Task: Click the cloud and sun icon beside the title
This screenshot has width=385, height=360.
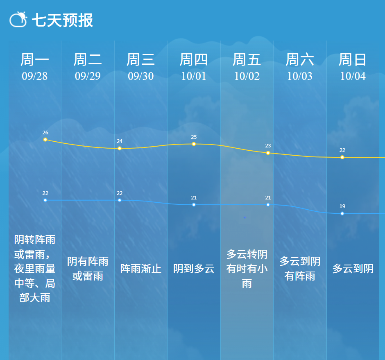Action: click(18, 19)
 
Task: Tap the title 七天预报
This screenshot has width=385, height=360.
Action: click(62, 20)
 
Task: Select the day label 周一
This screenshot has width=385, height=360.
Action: click(35, 60)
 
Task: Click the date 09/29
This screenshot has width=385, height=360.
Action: click(88, 76)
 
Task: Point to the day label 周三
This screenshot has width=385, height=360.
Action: click(141, 60)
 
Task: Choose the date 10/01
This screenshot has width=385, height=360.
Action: click(194, 76)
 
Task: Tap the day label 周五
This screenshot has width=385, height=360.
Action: click(247, 60)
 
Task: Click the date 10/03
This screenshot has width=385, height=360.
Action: click(300, 76)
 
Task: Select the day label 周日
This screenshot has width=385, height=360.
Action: click(353, 60)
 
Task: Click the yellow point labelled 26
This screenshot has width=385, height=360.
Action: click(45, 140)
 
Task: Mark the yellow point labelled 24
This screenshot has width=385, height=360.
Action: click(120, 148)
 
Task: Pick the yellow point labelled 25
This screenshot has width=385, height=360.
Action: click(194, 144)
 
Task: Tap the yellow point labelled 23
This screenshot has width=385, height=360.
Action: click(268, 153)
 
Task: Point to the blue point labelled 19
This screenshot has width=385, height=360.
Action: click(342, 214)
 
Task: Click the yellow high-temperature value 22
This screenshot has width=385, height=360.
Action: click(342, 150)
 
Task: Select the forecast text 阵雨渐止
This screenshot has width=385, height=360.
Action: click(141, 269)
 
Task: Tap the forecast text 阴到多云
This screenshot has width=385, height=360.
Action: click(194, 269)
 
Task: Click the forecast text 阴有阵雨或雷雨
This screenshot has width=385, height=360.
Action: click(88, 269)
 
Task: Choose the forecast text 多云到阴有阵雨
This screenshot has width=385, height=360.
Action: click(300, 269)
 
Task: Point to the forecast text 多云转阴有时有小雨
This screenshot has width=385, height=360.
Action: click(247, 269)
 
